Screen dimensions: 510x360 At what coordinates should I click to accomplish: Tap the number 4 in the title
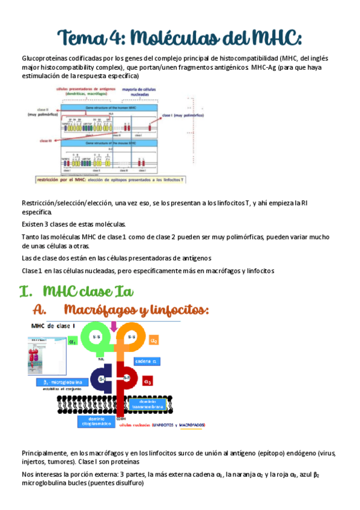[123, 37]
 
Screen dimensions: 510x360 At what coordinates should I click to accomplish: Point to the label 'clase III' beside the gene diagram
[45, 140]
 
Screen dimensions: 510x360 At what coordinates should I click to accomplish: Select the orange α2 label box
[154, 340]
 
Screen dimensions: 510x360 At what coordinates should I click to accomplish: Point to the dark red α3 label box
[147, 381]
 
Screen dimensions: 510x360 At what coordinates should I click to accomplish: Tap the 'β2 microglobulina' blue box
[61, 382]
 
